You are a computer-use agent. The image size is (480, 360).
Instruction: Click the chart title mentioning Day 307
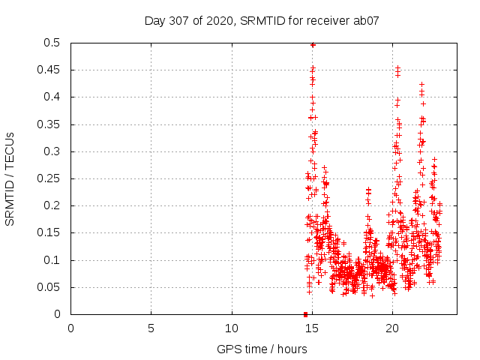[x=262, y=21]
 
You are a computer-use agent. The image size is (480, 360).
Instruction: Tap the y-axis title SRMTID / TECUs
[x=10, y=178]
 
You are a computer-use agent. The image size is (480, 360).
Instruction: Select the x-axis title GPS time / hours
[x=262, y=349]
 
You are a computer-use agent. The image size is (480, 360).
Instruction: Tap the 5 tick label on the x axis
[x=151, y=328]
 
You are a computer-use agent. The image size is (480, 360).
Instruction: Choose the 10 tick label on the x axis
[x=232, y=328]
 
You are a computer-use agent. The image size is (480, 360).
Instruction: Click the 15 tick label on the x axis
[x=312, y=328]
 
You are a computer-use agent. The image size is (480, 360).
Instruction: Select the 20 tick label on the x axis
[x=392, y=328]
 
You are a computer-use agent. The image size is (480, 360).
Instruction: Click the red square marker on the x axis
[x=305, y=314]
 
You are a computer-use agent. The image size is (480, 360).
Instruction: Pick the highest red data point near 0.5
[x=313, y=45]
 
